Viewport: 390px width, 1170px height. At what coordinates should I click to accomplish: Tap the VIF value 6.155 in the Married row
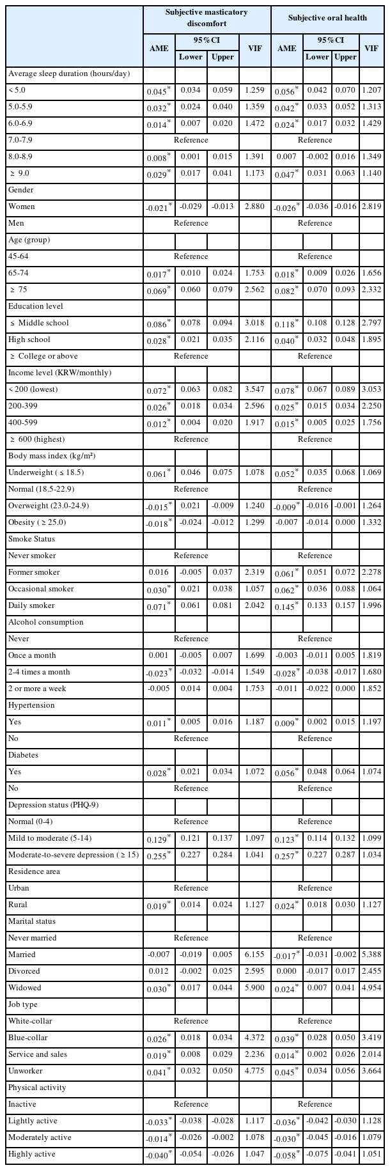(x=255, y=955)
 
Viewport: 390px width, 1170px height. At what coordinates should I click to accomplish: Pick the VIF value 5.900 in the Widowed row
(x=255, y=988)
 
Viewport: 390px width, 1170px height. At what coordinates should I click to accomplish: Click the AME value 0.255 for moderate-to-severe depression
(x=159, y=855)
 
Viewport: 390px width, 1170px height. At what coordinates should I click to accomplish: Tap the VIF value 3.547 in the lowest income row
(x=255, y=389)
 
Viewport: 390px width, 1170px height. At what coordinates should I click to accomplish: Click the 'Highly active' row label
(x=31, y=1154)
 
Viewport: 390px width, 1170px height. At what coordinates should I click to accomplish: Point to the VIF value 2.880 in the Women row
(x=255, y=207)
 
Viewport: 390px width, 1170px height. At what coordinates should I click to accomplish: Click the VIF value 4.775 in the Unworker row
(x=255, y=1071)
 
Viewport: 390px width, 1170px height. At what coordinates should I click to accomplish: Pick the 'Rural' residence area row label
(x=18, y=905)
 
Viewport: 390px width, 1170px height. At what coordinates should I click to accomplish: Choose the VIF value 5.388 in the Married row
(x=370, y=955)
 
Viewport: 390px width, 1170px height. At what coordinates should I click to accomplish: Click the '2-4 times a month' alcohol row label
(x=38, y=672)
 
